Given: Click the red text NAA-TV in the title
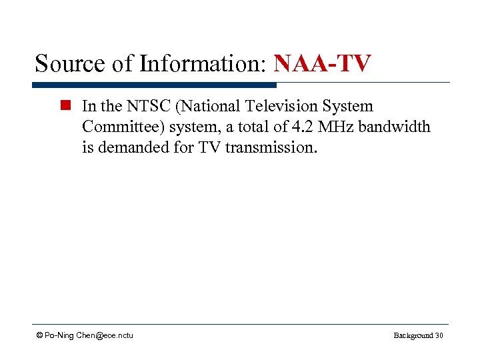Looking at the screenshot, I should (322, 64).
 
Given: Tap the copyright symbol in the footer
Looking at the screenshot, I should (39, 335).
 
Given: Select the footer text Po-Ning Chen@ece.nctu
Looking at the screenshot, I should (89, 335).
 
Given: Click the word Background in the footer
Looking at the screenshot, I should (412, 335).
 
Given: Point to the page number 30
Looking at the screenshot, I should (439, 335).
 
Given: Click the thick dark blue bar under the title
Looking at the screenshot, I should (154, 85).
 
